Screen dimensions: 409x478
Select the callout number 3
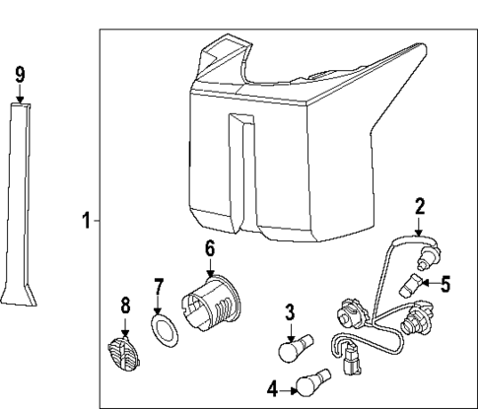(x=290, y=313)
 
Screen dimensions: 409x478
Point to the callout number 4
(x=272, y=388)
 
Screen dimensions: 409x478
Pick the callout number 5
(x=444, y=286)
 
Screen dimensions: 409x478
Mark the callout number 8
(x=125, y=306)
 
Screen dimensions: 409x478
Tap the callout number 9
(x=20, y=74)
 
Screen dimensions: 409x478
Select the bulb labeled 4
(x=315, y=380)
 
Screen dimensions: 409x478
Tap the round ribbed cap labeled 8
(x=120, y=350)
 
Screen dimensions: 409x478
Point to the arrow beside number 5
(x=429, y=286)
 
